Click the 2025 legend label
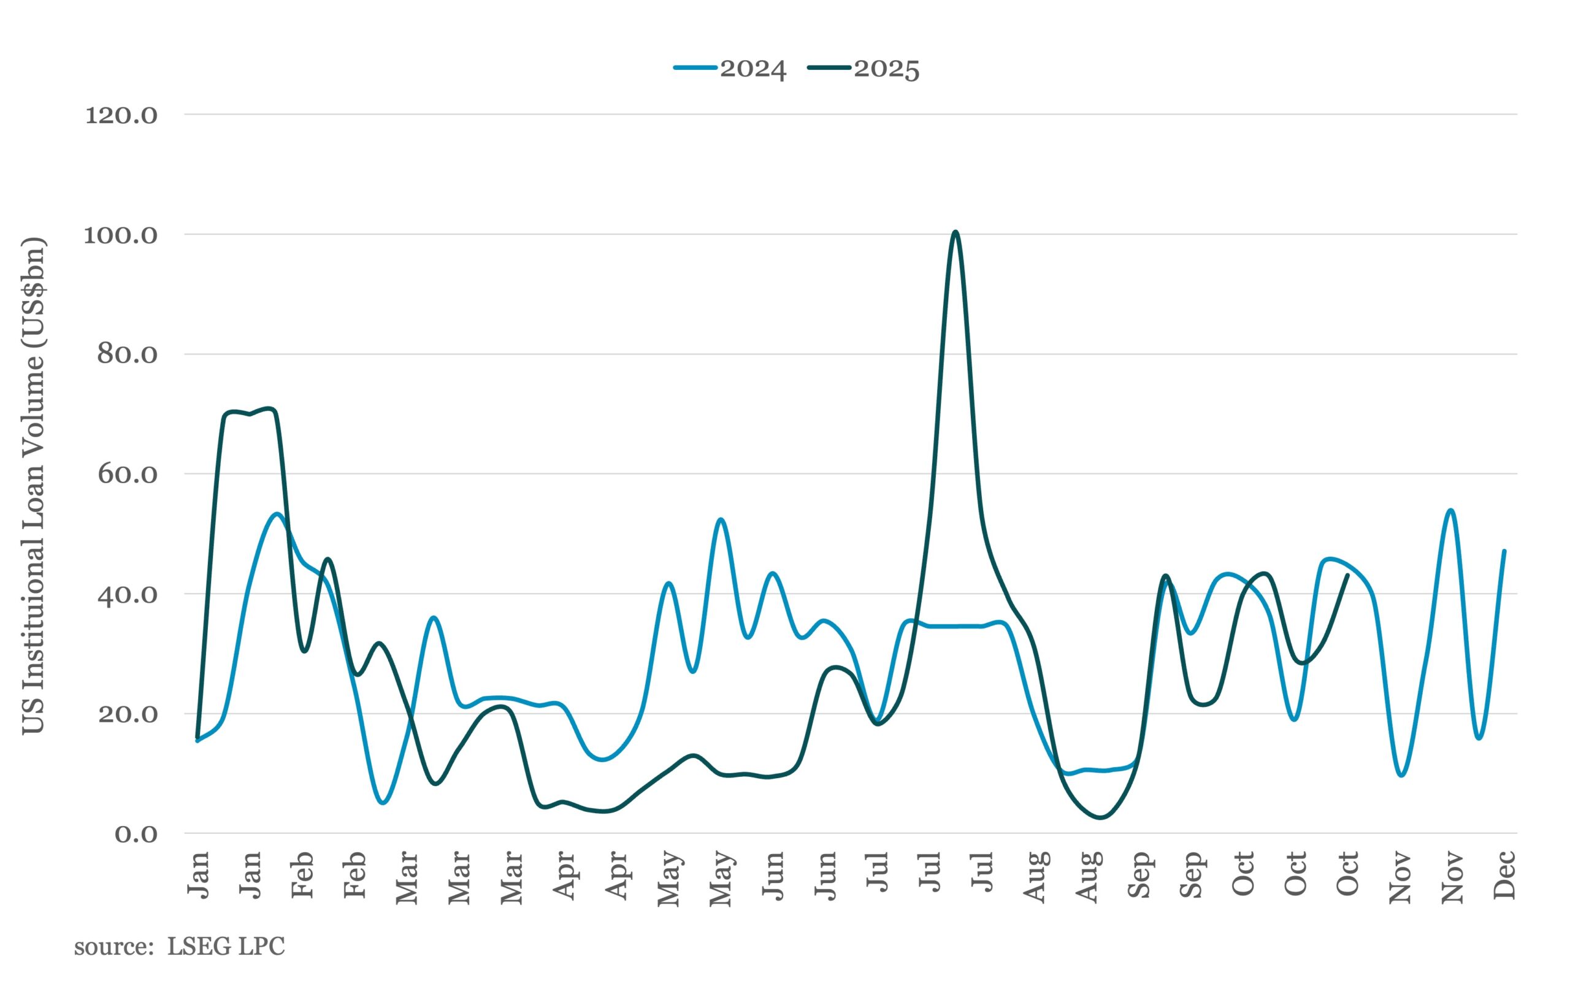886,69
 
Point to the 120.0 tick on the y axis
121,115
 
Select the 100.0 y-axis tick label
121,235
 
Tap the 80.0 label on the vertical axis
128,354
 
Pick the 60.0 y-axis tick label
128,475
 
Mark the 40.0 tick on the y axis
128,594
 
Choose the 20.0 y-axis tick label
128,714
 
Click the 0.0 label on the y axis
136,834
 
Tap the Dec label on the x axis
1504,875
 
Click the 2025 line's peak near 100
955,231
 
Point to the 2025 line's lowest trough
1101,817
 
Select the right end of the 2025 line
1347,575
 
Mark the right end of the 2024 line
1504,551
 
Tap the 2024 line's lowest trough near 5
383,803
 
